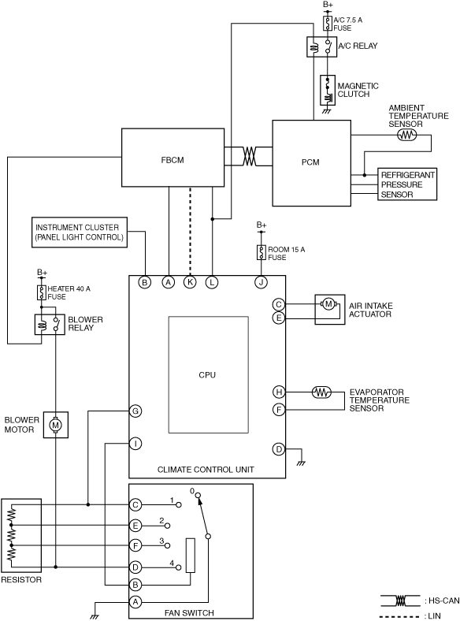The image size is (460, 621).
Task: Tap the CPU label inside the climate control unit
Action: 207,374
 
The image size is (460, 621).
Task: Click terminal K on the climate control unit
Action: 190,282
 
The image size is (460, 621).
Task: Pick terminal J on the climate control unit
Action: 262,282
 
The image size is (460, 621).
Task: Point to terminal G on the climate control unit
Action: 135,411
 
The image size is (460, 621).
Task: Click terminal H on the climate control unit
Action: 279,392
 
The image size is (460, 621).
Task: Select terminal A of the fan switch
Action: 135,601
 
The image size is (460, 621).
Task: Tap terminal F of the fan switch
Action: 135,545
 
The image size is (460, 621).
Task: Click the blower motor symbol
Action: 55,425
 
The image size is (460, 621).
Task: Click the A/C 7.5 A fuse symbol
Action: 328,24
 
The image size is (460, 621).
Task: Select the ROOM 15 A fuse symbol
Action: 262,252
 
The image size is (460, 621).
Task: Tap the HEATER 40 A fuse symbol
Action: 41,292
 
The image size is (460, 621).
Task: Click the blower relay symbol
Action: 50,325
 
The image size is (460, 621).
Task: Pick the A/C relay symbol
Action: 321,46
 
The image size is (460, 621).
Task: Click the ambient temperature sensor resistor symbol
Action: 407,135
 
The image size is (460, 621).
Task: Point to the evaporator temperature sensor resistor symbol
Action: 322,392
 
